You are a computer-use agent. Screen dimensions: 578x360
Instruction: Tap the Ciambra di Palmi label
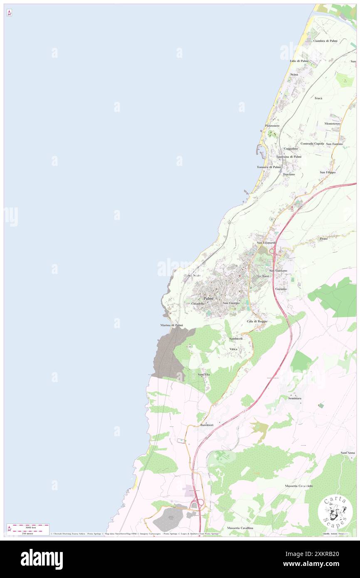point(325,41)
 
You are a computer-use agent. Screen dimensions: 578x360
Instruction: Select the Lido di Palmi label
point(299,61)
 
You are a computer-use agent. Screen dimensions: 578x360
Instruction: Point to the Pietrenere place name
point(272,126)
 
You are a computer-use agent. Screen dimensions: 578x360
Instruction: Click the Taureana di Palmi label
point(288,157)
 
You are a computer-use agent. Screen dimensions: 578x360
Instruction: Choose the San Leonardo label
point(266,242)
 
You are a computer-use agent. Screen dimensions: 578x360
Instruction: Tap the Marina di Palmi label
point(171,325)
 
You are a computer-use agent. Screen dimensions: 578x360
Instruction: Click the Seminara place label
point(295,398)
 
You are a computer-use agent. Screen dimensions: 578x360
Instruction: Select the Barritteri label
point(207,425)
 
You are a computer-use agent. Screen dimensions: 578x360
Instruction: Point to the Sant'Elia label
point(204,375)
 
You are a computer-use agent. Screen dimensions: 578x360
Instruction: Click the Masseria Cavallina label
point(240,528)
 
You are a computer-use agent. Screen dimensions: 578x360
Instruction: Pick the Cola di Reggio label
point(257,321)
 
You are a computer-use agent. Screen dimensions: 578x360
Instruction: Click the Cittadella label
point(198,304)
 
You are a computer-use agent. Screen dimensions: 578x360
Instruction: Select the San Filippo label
point(328,172)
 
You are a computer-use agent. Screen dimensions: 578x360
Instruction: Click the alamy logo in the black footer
point(42,559)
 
